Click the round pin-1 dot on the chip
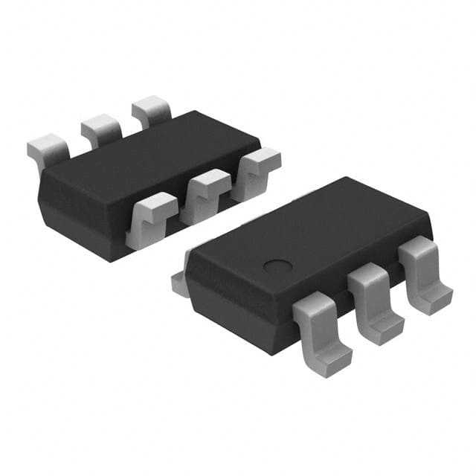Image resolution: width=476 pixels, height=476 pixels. click(277, 266)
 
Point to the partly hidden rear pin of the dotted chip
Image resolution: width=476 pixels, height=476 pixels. click(178, 283)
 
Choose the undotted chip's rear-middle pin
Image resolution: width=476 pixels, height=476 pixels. click(101, 129)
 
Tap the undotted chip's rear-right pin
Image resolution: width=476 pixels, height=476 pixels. click(151, 111)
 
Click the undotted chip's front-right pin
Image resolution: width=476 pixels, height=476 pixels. click(254, 171)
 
